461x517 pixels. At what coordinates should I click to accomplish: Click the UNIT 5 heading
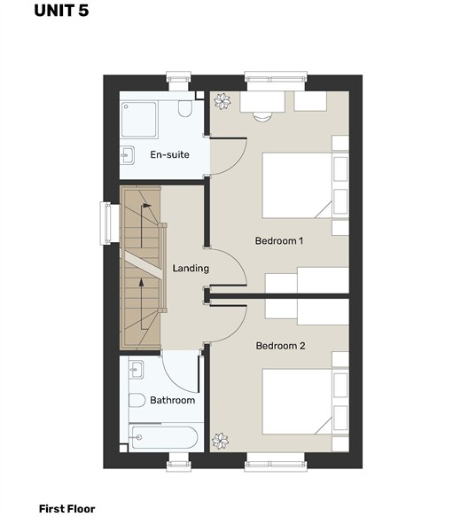tap(61, 11)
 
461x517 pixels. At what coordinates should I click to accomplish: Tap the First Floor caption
tap(66, 509)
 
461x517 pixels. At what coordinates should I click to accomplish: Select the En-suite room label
tap(169, 154)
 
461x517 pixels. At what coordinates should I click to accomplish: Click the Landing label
tap(191, 268)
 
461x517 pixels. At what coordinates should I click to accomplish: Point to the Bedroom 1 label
tap(279, 240)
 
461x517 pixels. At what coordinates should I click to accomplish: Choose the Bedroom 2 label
tap(280, 346)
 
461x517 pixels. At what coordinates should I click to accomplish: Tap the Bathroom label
tap(172, 400)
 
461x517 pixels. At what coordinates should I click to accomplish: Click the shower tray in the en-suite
tap(139, 120)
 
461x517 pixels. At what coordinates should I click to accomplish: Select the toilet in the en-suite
tap(185, 108)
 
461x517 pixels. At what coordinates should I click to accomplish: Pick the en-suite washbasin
tap(127, 154)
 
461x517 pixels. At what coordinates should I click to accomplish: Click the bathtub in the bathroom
tap(163, 437)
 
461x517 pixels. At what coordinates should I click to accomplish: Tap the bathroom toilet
tap(137, 400)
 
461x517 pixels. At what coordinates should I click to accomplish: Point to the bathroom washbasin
tap(137, 370)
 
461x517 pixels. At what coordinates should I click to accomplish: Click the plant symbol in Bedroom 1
tap(223, 101)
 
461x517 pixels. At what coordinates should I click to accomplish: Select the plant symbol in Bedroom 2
tap(220, 441)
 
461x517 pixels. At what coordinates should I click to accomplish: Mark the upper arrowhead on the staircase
tap(147, 206)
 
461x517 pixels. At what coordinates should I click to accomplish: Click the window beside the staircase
tap(105, 223)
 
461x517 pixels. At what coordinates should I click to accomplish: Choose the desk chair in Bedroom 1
tap(262, 117)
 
